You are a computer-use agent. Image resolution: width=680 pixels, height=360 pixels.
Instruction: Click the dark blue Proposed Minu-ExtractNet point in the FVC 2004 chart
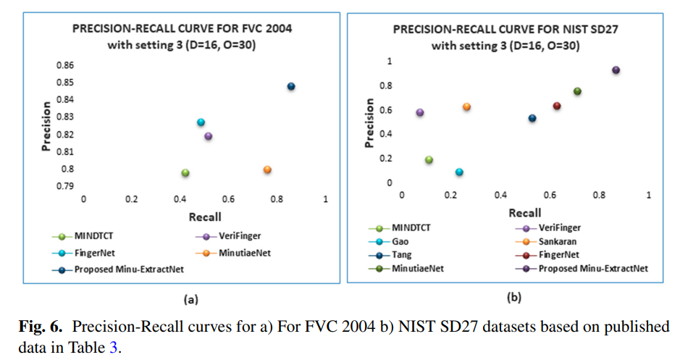click(x=291, y=86)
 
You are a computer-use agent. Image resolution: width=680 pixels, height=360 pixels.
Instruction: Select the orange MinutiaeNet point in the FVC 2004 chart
click(x=267, y=169)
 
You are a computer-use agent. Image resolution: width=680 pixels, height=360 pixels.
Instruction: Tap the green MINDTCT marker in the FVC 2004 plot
click(x=185, y=173)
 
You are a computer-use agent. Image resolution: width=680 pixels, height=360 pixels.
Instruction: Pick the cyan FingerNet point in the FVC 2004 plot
click(x=201, y=122)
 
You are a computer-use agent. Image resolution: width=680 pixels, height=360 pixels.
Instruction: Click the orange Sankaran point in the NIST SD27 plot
click(x=467, y=106)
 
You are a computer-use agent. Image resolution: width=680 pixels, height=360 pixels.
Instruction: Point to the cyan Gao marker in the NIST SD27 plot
click(x=459, y=172)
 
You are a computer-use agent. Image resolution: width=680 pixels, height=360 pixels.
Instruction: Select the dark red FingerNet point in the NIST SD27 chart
click(x=557, y=106)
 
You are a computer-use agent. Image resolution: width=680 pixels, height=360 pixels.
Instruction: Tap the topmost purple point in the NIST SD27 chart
click(x=616, y=70)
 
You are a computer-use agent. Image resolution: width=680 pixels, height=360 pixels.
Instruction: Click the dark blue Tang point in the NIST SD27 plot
click(x=532, y=118)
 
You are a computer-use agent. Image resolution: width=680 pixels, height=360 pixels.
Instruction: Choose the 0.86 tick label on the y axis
click(x=64, y=65)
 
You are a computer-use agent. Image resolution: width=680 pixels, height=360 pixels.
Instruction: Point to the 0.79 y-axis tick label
click(x=64, y=186)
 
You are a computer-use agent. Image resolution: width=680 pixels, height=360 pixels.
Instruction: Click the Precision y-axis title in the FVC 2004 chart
click(x=45, y=129)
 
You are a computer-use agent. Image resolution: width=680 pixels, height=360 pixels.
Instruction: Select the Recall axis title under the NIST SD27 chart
click(x=524, y=213)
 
